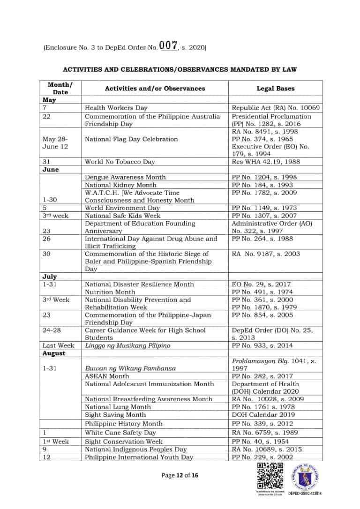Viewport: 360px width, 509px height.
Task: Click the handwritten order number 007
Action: pos(168,46)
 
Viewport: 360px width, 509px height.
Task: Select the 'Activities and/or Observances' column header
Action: pos(155,88)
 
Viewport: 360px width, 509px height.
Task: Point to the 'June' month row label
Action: pos(51,170)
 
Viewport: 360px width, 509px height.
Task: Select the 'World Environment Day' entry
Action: pos(122,208)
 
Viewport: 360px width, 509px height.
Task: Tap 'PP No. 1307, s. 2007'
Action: pos(264,216)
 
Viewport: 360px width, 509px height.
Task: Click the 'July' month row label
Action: pos(50,277)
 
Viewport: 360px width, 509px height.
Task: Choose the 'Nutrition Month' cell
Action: pos(110,292)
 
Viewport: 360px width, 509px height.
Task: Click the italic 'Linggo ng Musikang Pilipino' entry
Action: pos(127,345)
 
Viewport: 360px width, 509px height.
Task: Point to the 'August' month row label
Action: pos(54,353)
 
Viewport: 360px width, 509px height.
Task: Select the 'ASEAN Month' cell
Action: pos(106,376)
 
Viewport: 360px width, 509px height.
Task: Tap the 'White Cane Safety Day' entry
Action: pos(120,433)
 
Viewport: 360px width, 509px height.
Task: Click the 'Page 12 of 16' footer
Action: pos(180,475)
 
